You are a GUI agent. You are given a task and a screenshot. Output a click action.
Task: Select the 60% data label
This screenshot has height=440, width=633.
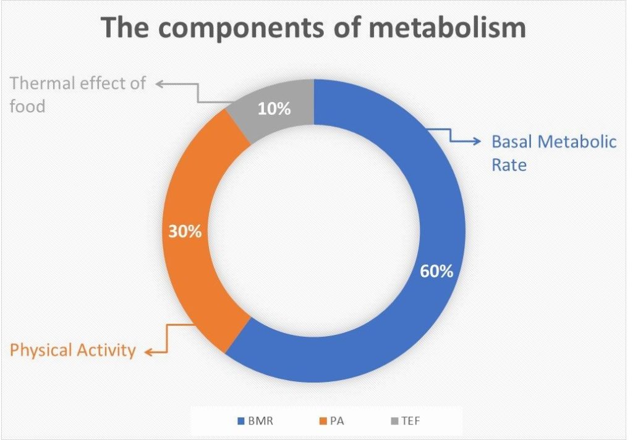point(436,271)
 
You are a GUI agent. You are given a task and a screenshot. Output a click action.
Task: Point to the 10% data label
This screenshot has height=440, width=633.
point(274,109)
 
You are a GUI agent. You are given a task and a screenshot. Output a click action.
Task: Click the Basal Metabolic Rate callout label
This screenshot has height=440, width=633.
point(553,153)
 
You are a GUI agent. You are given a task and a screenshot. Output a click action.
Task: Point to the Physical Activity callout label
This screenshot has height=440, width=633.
point(73,351)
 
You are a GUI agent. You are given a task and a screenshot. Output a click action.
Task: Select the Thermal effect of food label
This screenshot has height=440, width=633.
point(77,94)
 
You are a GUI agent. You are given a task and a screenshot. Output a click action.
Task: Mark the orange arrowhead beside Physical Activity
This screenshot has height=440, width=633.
point(148,352)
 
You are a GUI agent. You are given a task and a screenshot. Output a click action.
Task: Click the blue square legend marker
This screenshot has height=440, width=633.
point(241,421)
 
